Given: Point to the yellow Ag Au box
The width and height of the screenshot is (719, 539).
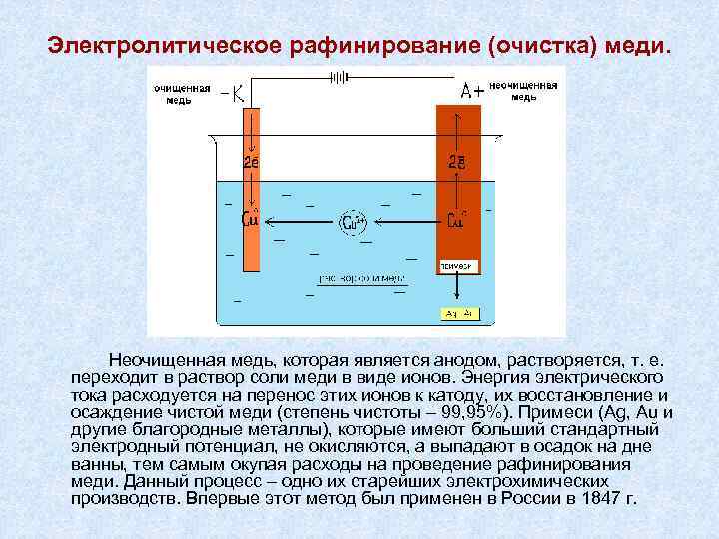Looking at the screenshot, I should [460, 314].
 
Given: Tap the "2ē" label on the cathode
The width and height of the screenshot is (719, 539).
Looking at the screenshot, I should [251, 161].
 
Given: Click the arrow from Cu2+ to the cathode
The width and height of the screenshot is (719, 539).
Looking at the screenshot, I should [301, 221].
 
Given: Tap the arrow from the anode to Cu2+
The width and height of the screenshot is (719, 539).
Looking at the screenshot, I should [405, 221].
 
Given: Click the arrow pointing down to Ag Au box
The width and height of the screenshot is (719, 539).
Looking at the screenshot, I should [459, 289].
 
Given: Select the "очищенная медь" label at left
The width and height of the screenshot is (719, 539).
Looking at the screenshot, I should [181, 93].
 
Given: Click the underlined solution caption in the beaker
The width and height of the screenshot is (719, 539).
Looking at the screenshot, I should [360, 277].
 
